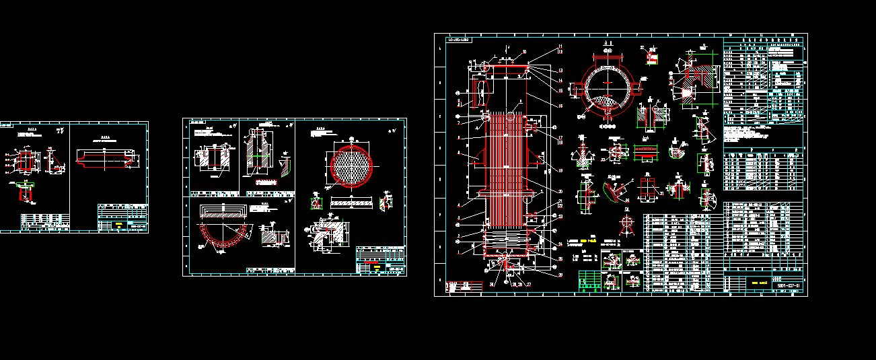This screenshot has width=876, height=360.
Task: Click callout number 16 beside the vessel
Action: point(560,106)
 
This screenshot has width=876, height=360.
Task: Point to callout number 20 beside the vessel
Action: point(560,191)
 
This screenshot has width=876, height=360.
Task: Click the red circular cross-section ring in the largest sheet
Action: point(608,87)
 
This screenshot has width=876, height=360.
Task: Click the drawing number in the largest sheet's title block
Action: point(788,286)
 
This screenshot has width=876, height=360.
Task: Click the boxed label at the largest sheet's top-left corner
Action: point(460,40)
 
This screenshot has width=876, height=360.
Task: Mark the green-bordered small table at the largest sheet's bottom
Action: point(590,281)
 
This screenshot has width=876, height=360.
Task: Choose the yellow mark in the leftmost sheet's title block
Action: point(119,225)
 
